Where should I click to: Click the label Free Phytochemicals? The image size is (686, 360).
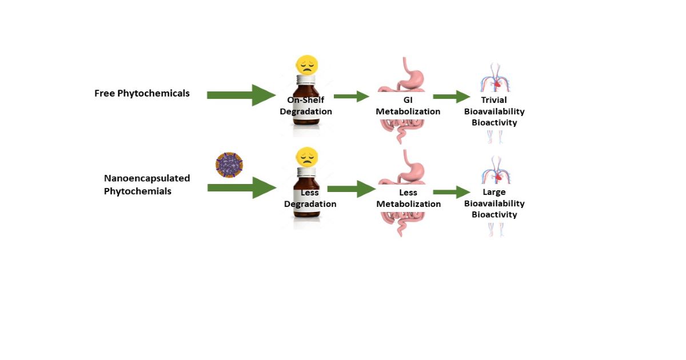142,93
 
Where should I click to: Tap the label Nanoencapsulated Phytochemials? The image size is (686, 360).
146,185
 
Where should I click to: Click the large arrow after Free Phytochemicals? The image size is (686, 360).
241,95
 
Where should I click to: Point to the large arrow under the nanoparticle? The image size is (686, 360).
241,187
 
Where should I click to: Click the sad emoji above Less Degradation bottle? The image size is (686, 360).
306,157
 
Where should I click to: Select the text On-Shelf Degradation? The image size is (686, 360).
305,106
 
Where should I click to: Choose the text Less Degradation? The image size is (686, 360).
310,198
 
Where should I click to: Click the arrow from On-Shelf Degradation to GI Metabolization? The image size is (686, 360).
351,97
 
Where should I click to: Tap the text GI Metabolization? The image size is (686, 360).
408,106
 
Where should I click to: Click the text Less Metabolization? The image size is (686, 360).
408,198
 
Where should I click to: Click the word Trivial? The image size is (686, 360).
494,100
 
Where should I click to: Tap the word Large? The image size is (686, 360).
494,192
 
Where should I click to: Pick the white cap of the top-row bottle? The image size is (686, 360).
306,81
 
